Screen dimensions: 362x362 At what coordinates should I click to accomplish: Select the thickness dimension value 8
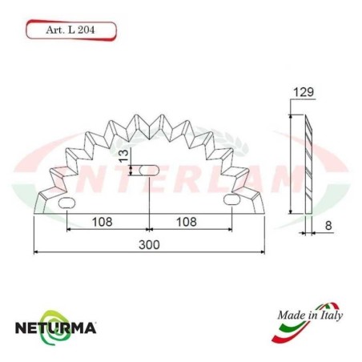tap(328, 226)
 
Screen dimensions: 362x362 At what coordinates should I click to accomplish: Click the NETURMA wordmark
tap(56, 328)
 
